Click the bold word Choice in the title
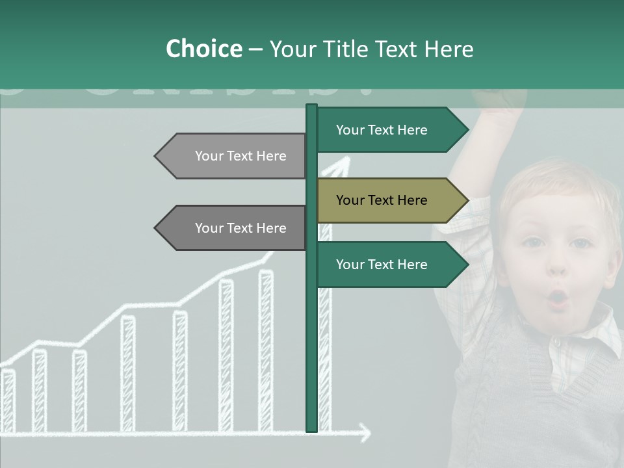(x=203, y=49)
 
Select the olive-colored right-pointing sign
(x=391, y=200)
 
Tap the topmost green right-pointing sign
(x=391, y=130)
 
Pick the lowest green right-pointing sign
(x=391, y=265)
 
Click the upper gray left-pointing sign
(x=231, y=156)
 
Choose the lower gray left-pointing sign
(x=231, y=228)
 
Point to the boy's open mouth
(x=558, y=298)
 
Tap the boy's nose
(x=558, y=266)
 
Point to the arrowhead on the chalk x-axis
(x=365, y=432)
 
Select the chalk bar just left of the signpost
(x=266, y=351)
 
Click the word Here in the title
(x=449, y=49)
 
